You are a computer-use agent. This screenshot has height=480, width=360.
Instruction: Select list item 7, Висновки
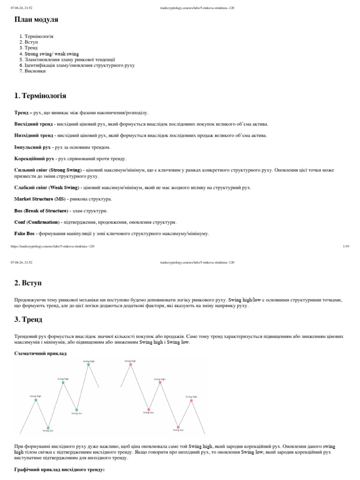pos(35,71)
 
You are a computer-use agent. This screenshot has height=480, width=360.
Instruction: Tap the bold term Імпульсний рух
pos(33,147)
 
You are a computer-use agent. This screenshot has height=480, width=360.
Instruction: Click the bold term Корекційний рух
pos(35,159)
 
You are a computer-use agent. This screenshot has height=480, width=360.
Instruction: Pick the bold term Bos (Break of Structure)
pos(41,210)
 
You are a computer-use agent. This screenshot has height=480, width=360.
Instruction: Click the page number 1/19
pos(346,246)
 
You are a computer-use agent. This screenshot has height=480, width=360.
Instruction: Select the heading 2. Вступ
pos(28,283)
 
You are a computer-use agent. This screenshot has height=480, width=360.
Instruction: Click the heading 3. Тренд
pos(28,320)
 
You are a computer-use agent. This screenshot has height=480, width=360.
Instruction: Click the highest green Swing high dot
pos(88,364)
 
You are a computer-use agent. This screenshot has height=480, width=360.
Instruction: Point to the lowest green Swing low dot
pos(48,427)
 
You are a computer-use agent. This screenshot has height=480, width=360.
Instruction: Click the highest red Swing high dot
pos(130,364)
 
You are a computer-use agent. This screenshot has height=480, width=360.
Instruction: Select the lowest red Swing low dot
pos(178,427)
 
